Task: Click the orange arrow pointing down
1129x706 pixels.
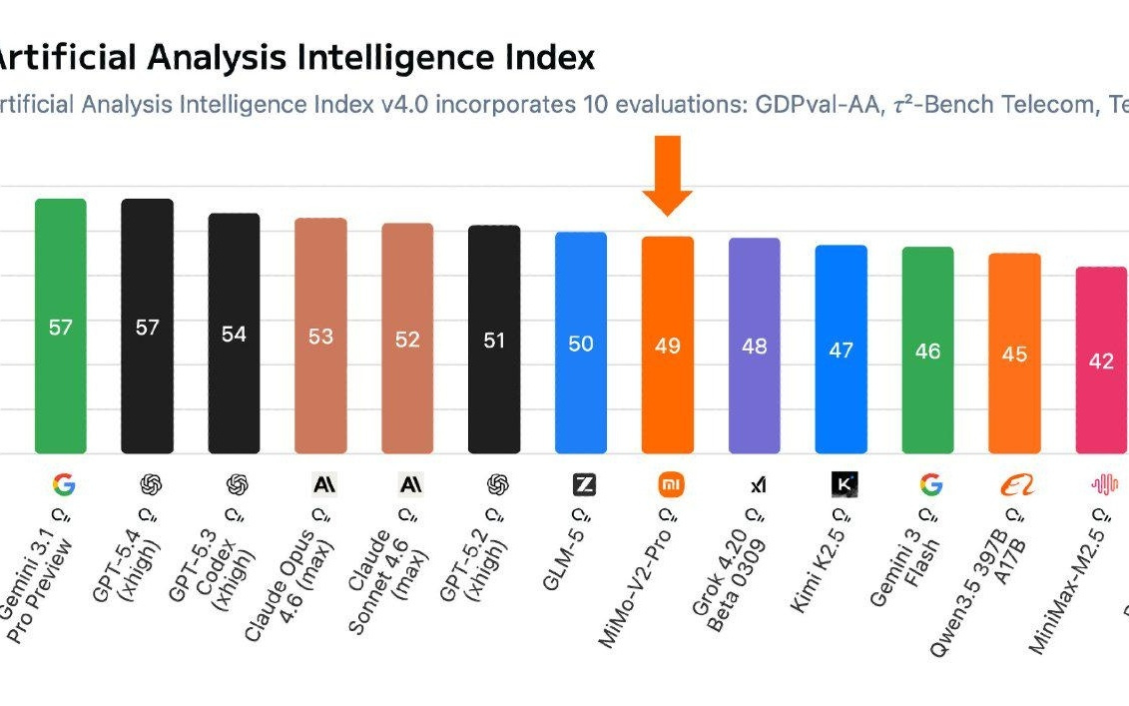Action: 667,176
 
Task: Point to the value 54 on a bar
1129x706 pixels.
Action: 234,335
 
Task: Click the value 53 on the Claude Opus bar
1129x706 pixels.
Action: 320,337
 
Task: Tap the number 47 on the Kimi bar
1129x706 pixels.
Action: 841,350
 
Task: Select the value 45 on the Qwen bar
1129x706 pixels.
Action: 1014,354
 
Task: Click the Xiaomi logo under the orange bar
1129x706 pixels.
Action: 667,485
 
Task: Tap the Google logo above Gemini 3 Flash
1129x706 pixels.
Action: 928,485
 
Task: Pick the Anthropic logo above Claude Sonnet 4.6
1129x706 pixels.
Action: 407,485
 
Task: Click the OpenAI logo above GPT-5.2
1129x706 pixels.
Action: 495,485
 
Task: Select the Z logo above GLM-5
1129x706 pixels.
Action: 583,485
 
